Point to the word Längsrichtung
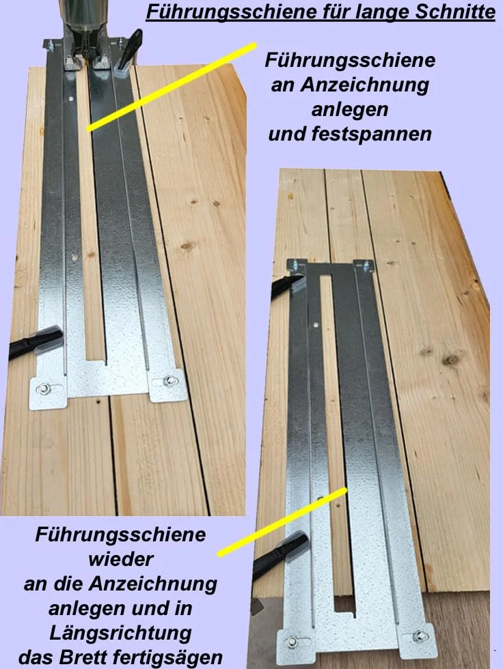click(x=120, y=633)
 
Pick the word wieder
click(x=121, y=559)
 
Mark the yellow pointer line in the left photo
click(x=172, y=86)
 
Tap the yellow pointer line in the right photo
click(x=282, y=522)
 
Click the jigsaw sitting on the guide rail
click(x=86, y=32)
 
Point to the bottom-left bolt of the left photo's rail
click(x=43, y=388)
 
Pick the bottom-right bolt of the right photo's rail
click(x=419, y=636)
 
